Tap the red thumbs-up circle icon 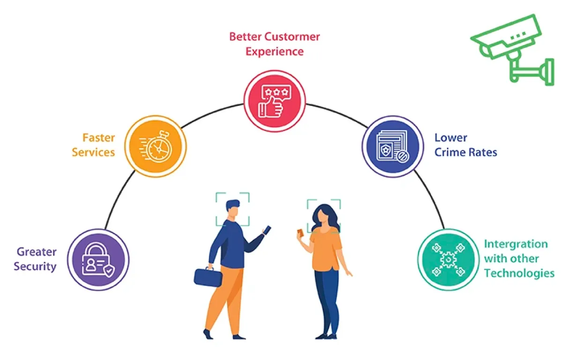pos(275,101)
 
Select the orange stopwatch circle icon pos(156,146)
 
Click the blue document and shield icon pos(393,146)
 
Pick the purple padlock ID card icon pos(98,260)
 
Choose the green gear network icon pos(448,260)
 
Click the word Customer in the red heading pos(292,37)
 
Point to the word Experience pos(275,52)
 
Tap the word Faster pos(99,138)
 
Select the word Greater pos(37,252)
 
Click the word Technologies pos(519,273)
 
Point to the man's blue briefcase pos(208,277)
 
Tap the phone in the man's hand pos(267,230)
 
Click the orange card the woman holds pos(300,232)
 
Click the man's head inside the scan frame pos(233,209)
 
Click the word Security pos(35,267)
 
